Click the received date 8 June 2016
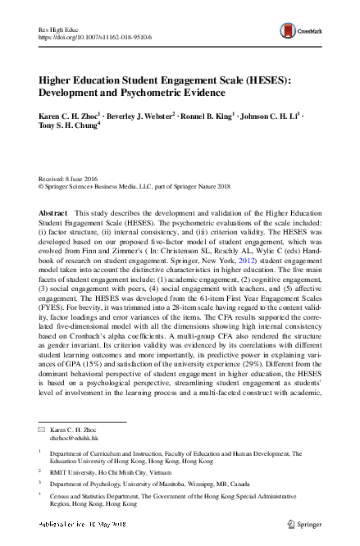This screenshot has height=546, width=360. [83, 179]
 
